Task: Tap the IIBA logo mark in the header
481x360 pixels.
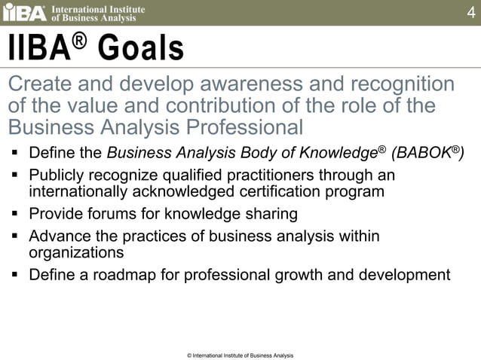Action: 24,13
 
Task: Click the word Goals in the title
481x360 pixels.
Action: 141,49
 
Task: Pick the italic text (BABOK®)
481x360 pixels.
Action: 427,154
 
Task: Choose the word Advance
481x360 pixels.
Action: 57,236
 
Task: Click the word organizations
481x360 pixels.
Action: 75,252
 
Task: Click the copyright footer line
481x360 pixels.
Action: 240,355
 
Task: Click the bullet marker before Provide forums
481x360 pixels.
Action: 15,214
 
